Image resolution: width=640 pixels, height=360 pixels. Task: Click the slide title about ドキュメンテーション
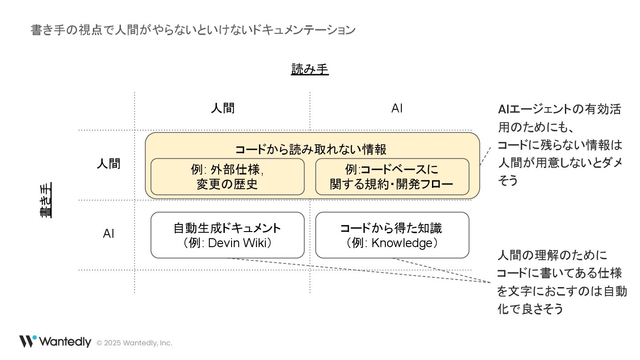(193, 30)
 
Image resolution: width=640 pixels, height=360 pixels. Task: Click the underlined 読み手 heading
(310, 70)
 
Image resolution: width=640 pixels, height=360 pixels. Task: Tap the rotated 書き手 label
(45, 200)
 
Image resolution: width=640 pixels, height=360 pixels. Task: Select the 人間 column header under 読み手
(223, 108)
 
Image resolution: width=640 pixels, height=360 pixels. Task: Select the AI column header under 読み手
(397, 108)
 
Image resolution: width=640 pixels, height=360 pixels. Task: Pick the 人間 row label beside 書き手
(108, 164)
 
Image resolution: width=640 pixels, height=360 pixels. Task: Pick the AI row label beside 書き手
(108, 234)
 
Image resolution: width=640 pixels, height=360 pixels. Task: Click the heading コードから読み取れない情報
(311, 149)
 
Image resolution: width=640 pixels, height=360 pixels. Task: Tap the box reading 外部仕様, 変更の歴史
(227, 176)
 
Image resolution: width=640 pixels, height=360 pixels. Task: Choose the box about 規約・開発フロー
(392, 176)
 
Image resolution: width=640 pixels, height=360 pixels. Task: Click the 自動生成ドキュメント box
(227, 235)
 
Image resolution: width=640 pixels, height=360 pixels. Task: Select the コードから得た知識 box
(392, 235)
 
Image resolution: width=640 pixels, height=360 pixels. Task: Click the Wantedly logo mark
(27, 341)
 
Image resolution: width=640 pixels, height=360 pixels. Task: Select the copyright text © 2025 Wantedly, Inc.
(134, 343)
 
